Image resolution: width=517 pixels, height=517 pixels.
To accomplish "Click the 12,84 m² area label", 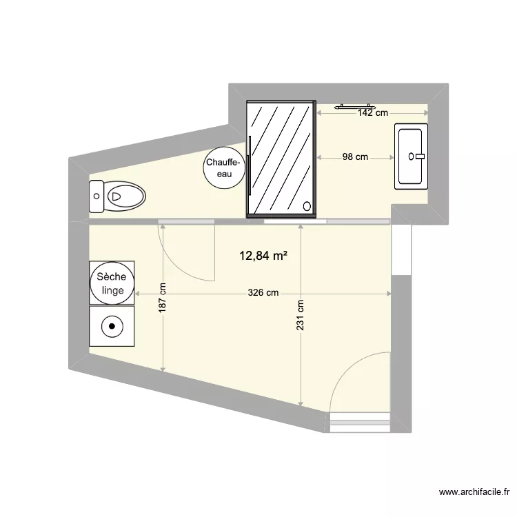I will tap(263, 256).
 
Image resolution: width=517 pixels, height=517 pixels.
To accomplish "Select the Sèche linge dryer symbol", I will tap(112, 283).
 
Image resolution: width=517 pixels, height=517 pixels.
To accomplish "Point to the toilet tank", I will tap(97, 196).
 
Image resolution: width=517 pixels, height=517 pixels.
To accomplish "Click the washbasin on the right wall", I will tap(412, 156).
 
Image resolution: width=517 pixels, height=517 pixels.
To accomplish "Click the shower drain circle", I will tap(307, 205).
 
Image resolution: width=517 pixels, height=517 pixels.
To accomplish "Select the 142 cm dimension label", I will tap(373, 113).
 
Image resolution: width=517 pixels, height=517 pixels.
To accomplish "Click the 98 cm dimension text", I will tap(354, 157).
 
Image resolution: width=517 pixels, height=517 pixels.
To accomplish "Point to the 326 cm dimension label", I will tap(263, 293).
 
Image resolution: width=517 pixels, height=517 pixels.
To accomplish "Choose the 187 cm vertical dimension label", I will tap(163, 298).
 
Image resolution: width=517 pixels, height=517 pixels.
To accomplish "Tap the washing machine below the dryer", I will tap(112, 326).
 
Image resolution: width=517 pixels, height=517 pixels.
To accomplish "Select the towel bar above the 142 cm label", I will tap(354, 107).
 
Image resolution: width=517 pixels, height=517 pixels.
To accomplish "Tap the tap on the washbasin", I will tap(417, 156).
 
